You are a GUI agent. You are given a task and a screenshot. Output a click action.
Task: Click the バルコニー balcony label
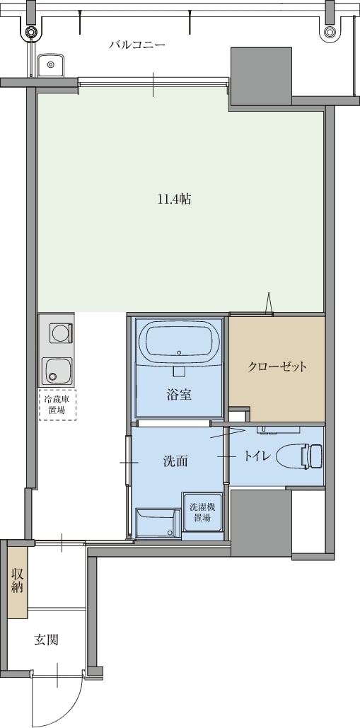[137, 45]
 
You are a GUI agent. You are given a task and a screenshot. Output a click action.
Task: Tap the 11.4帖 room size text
[175, 200]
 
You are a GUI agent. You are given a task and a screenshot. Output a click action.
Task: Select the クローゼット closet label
[277, 366]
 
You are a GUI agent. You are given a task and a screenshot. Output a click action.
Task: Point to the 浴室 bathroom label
[180, 395]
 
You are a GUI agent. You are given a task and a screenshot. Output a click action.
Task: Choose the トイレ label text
[257, 456]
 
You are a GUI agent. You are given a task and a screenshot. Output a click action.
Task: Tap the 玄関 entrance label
[46, 640]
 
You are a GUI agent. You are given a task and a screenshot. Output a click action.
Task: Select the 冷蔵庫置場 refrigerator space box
[57, 405]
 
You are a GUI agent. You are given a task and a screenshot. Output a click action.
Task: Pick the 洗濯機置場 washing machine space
[202, 512]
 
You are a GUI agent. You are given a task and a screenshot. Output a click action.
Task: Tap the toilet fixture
[299, 456]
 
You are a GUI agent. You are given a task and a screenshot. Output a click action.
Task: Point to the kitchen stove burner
[59, 333]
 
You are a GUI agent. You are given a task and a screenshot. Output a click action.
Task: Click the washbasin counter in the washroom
[156, 523]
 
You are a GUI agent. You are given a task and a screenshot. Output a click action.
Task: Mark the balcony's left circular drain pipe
[31, 32]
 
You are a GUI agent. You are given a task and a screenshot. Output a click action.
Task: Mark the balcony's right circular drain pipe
[330, 32]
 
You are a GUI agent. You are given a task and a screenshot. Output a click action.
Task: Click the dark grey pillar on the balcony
[261, 76]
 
